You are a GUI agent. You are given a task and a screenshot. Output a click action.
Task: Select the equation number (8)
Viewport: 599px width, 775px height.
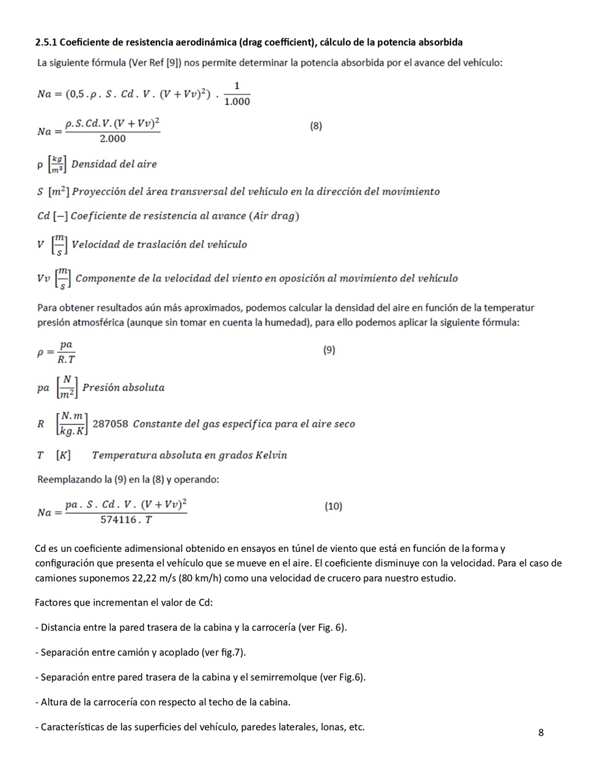pos(315,126)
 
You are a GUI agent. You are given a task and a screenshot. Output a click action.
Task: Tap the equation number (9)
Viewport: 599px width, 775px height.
pos(329,350)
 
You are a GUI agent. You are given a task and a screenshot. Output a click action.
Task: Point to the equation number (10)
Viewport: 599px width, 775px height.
pos(333,506)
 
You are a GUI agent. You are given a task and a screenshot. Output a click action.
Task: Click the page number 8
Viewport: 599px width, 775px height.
pos(541,732)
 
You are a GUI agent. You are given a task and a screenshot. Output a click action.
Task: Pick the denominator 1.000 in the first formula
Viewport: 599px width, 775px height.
pos(237,101)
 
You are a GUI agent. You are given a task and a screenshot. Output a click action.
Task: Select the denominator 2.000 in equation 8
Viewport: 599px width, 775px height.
pos(112,139)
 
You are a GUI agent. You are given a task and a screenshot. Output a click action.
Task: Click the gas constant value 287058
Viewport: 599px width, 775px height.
pos(110,424)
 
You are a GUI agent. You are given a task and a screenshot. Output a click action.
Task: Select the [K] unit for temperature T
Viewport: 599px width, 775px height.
pos(63,455)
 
